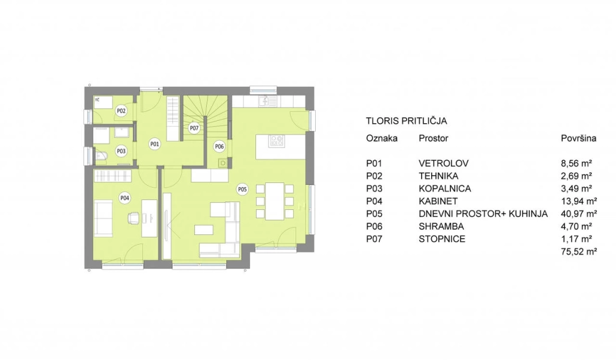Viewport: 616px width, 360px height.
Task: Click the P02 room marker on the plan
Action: pos(121,111)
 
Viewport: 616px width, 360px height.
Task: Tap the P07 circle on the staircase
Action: pos(194,128)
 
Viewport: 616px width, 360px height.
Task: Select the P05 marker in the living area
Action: pos(242,190)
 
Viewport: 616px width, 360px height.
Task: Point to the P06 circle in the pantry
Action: pos(219,147)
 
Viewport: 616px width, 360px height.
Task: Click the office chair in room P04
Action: pos(133,218)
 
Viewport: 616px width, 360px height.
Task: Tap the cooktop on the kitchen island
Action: pos(276,141)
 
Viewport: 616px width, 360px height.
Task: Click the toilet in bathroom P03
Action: pos(100,157)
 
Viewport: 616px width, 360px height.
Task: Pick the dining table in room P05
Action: pos(275,201)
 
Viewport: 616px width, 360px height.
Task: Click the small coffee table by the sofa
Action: pos(204,230)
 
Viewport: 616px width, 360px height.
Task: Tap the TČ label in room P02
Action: pos(97,100)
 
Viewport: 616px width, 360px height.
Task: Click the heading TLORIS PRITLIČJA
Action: pos(406,121)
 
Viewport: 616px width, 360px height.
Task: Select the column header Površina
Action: pos(578,138)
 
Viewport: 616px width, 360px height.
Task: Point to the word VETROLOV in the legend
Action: pos(444,163)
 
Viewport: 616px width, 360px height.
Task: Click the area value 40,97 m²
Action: pos(579,214)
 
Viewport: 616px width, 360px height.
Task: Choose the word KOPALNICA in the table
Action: pos(445,188)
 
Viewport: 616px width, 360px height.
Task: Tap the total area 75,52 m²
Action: pos(579,252)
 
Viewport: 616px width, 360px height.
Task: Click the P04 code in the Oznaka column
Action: pos(374,201)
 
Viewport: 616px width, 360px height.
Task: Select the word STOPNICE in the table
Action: pos(442,239)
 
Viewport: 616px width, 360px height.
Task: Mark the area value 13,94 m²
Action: pos(579,201)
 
